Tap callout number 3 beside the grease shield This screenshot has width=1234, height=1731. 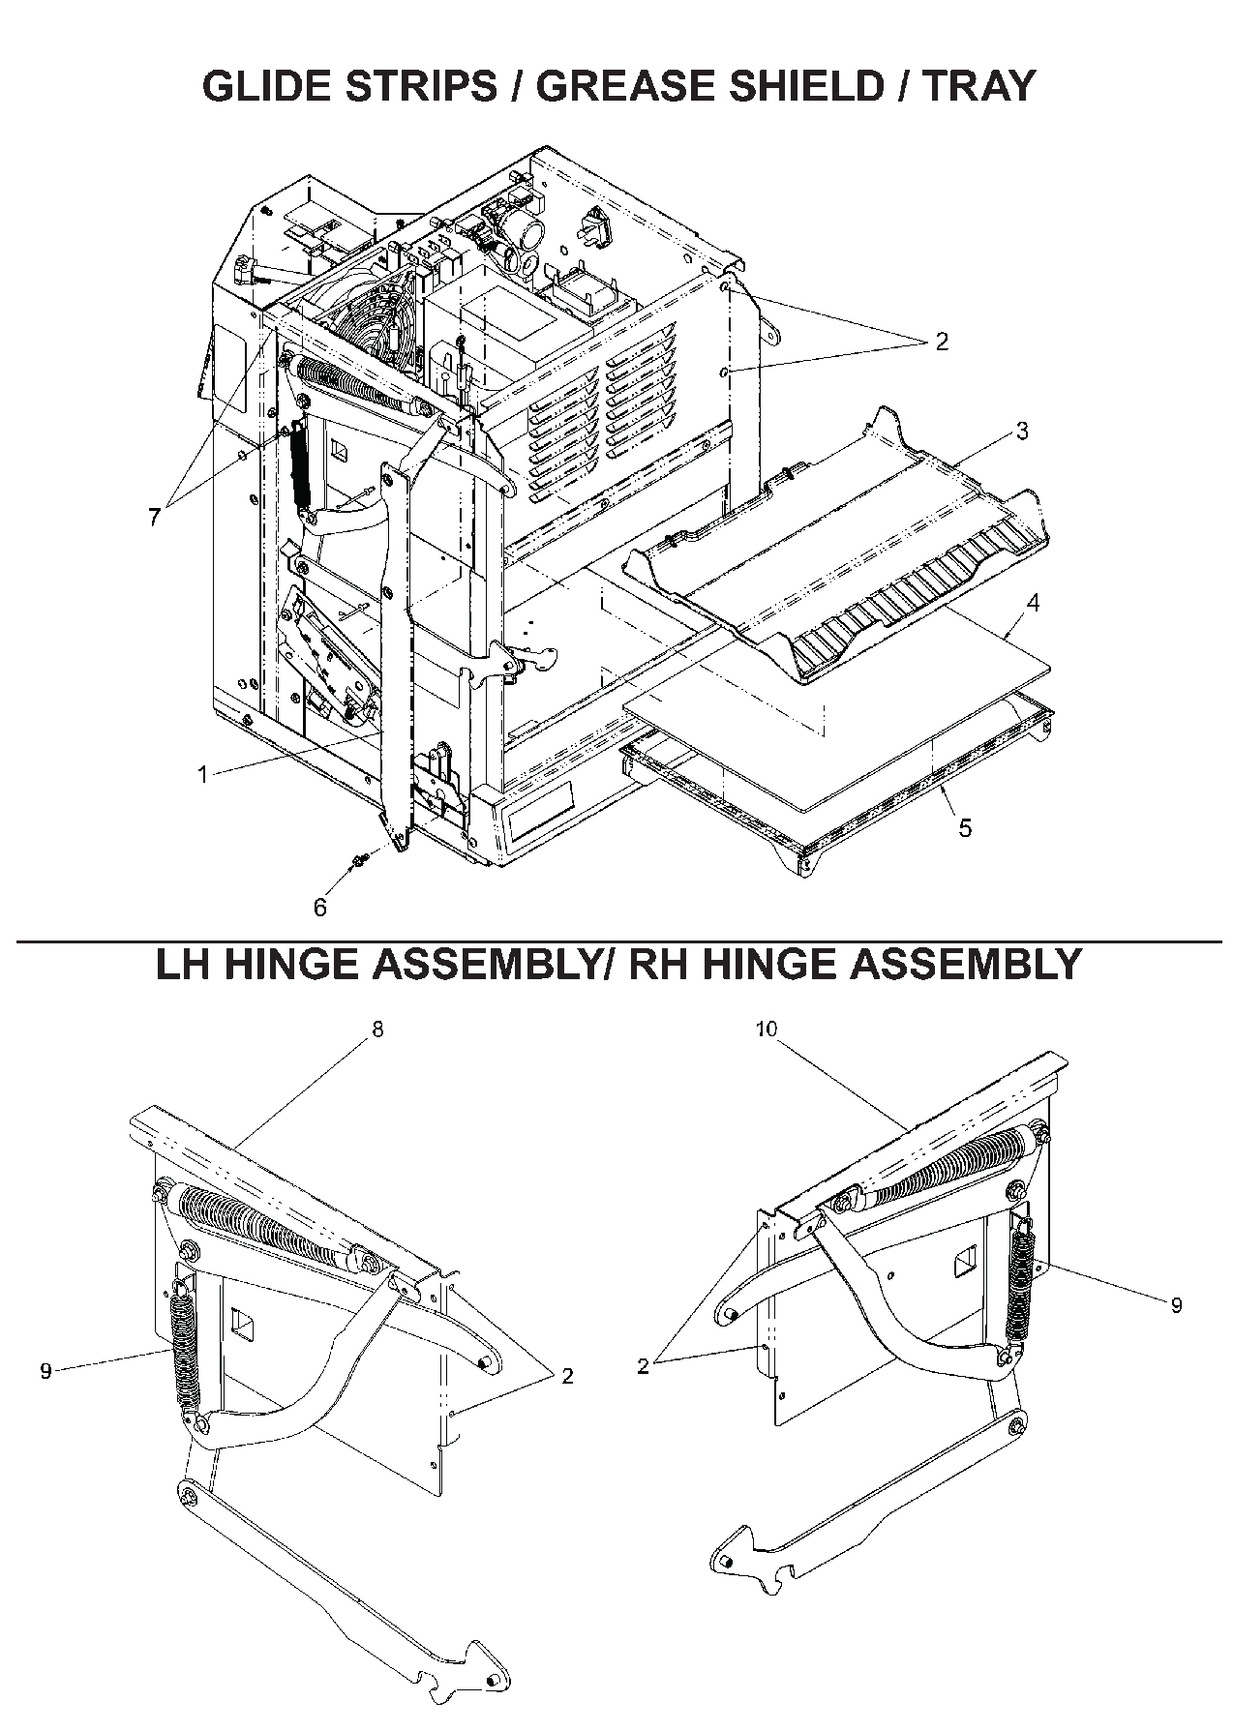point(1022,432)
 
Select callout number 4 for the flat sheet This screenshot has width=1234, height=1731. point(1033,603)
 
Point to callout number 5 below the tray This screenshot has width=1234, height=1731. point(965,828)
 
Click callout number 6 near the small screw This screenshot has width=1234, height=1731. point(320,907)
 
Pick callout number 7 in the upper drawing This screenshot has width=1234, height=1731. point(155,517)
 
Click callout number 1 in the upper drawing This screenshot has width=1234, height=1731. point(202,774)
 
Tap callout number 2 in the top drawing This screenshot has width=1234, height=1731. point(941,341)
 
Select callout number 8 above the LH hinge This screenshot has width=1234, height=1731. point(377,1029)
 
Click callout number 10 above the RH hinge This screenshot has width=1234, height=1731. point(766,1029)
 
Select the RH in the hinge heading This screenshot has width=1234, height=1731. point(658,964)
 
